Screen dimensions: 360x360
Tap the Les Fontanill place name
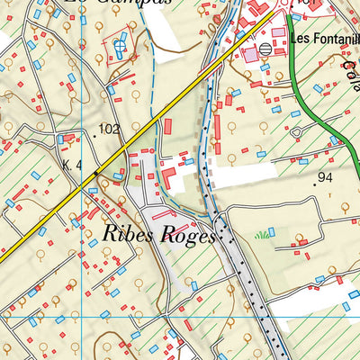[x=324, y=40]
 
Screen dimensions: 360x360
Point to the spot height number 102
[x=111, y=130]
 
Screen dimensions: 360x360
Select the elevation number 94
[x=326, y=177]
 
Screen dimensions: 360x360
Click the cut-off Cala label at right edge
[x=349, y=67]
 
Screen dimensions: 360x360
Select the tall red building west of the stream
[x=166, y=129]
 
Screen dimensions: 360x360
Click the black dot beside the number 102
[x=95, y=134]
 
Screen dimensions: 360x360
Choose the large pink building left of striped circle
[x=248, y=55]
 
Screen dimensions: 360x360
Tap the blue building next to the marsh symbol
[x=272, y=232]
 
